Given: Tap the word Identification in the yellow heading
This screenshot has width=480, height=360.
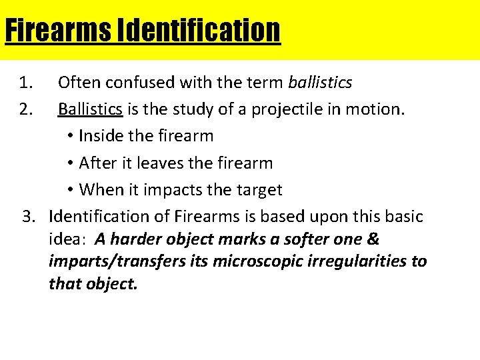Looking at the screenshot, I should coord(199,31).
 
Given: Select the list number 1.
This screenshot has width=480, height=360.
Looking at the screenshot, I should coord(26,83).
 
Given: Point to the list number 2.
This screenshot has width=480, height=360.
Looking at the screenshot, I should coord(26,109).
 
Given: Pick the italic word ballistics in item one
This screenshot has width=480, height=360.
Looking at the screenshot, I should coord(320,83).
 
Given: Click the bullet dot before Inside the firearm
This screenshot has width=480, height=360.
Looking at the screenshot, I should coord(71,137).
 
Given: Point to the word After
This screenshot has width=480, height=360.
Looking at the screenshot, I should coord(97,163).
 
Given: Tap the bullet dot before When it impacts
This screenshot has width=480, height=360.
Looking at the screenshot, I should coord(71,190).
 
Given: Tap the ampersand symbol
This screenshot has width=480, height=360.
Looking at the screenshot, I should coord(373,239).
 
